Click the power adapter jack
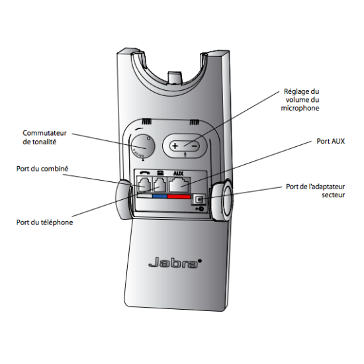pos(199,199)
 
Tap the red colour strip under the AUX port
pos(179,197)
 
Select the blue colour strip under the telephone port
pos(160,197)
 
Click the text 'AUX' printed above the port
pos(178,174)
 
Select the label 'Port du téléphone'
pos(44,222)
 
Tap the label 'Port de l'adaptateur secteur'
pos(316,191)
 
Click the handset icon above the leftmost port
pos(145,175)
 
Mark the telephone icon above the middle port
pos(160,175)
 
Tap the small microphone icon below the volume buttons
pos(185,156)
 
